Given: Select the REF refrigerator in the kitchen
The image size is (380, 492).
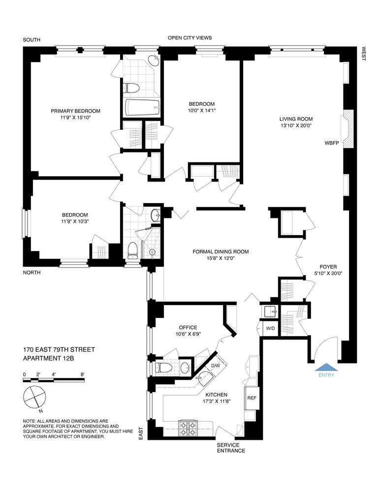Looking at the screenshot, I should point(251,398).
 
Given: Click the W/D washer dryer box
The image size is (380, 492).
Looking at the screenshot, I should point(270,328).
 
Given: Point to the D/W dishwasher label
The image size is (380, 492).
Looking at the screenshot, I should point(216,366).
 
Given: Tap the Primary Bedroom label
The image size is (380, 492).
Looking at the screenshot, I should point(75,111).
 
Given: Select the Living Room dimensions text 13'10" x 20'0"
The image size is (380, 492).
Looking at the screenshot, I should point(296,125).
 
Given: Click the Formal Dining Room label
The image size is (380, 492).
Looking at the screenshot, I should point(221,251).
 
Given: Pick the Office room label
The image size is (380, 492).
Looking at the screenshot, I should point(188,327).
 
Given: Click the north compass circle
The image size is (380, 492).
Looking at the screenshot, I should point(34,396).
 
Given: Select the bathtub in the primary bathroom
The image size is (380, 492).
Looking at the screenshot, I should point(142,107).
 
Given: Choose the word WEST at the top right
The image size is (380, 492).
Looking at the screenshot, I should point(364,55).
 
